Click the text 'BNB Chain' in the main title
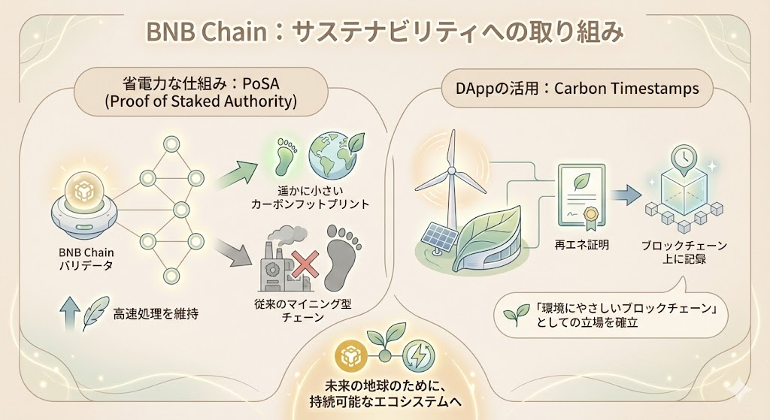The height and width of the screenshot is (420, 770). click(206, 32)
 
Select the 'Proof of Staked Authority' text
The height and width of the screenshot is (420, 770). click(201, 101)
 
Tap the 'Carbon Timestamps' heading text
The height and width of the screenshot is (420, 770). click(626, 89)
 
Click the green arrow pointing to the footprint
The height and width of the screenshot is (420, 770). click(236, 174)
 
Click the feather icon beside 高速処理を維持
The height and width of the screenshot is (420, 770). click(95, 313)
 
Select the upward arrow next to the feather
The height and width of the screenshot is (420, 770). click(69, 313)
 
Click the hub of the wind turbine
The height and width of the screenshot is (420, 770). click(451, 171)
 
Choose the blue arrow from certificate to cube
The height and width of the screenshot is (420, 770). click(626, 195)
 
